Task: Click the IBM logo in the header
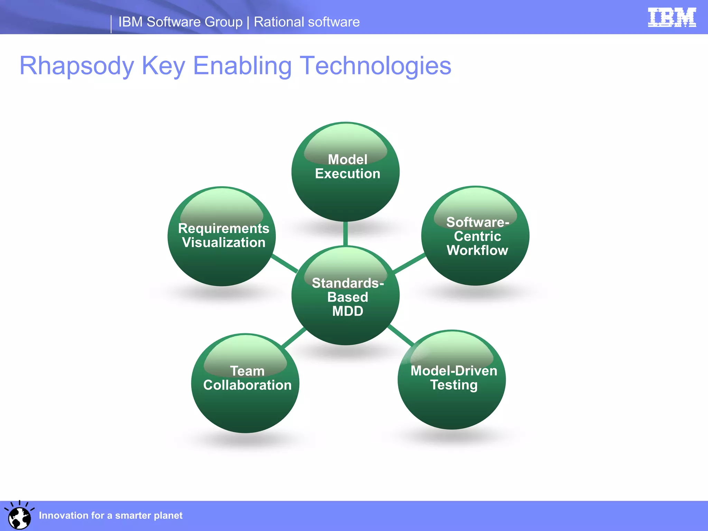click(x=672, y=17)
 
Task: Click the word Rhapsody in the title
click(x=77, y=66)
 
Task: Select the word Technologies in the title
click(x=375, y=66)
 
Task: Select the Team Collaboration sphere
click(x=245, y=384)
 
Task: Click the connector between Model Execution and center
click(x=345, y=234)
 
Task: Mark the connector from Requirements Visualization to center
click(x=285, y=263)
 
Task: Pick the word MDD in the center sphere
click(x=347, y=311)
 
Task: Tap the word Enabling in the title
click(x=242, y=66)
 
